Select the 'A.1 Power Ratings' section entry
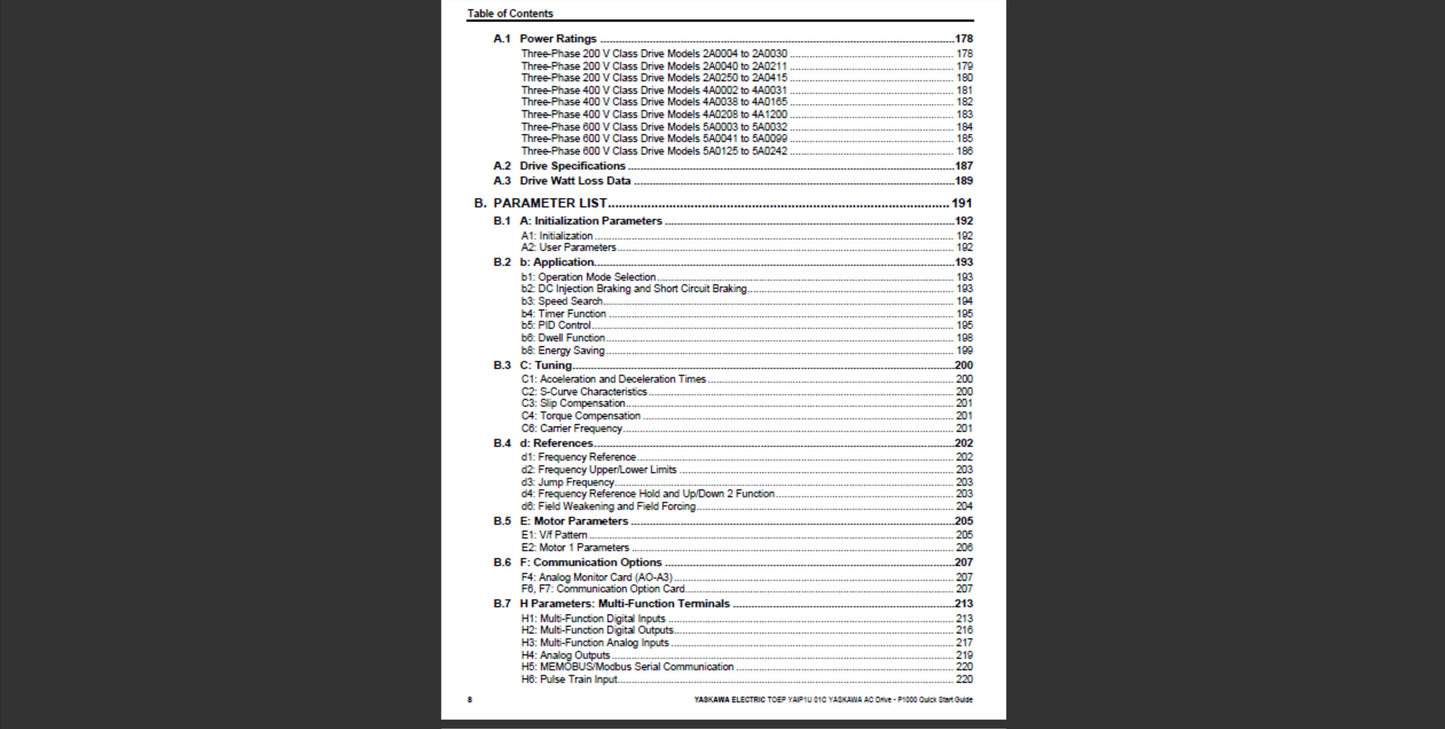click(558, 39)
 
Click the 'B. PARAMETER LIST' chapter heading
click(549, 203)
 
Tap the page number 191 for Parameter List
click(961, 203)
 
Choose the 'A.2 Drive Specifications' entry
click(572, 166)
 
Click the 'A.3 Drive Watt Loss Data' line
click(575, 181)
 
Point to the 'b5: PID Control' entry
click(555, 325)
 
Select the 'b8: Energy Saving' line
click(562, 351)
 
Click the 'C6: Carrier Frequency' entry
click(571, 429)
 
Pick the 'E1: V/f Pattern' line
click(553, 535)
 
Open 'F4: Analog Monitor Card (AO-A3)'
click(596, 577)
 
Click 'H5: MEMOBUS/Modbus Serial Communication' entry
click(627, 667)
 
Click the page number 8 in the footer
click(470, 699)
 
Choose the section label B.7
click(501, 604)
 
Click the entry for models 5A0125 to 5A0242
click(654, 151)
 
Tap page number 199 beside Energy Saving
click(964, 351)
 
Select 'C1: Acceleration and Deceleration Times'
click(613, 379)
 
